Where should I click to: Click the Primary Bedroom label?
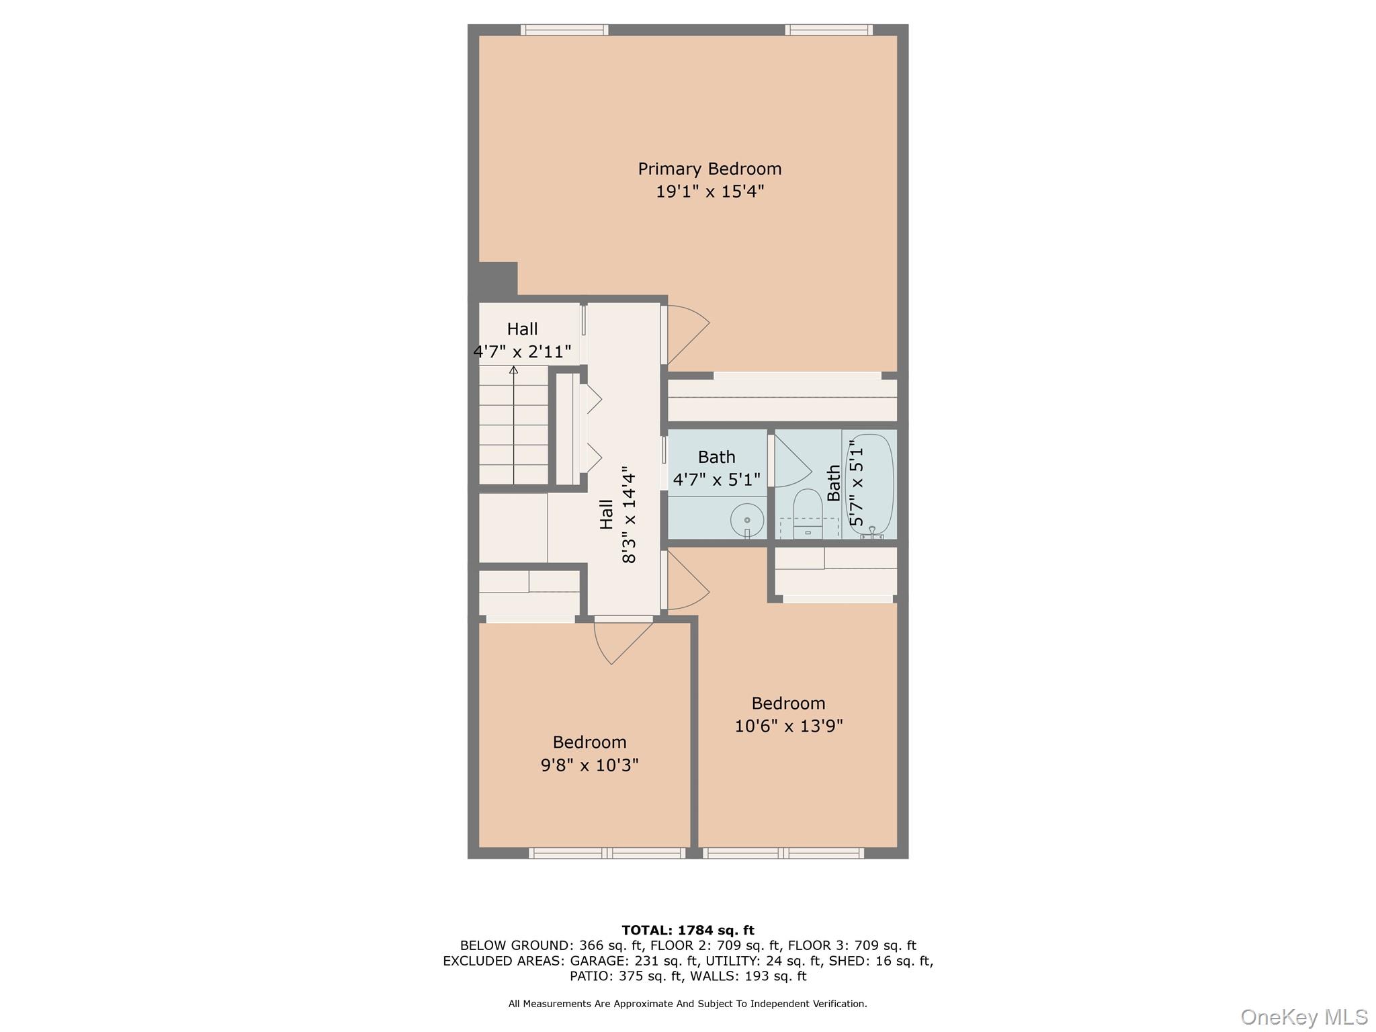pos(709,169)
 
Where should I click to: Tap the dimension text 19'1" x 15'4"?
pos(709,191)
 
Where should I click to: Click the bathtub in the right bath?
pos(869,484)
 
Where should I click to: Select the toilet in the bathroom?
pos(808,513)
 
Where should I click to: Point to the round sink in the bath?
pos(747,520)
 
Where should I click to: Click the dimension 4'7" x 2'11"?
pos(522,351)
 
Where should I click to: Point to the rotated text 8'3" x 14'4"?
pos(629,515)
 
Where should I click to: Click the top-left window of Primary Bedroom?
pos(564,30)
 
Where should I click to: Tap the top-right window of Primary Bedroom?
pos(829,30)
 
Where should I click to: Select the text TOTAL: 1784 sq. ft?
pos(687,931)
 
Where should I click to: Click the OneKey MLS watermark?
pos(1303,1017)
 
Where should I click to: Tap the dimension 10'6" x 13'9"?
pos(788,726)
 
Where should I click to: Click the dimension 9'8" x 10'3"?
pos(589,765)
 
